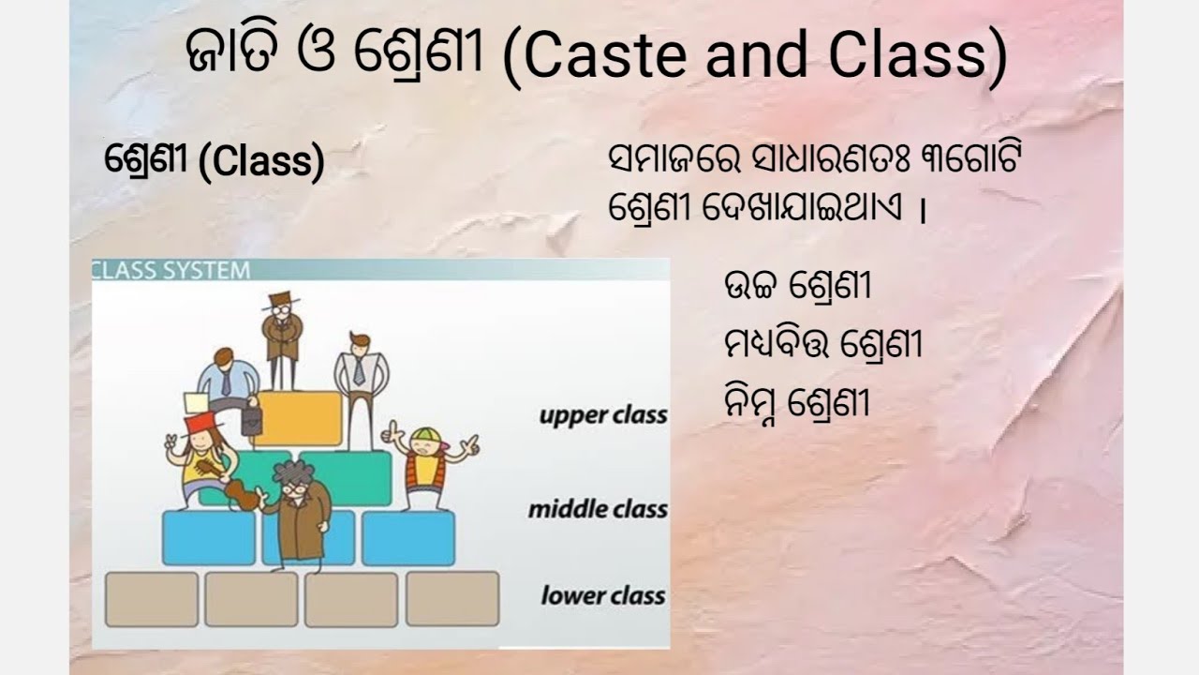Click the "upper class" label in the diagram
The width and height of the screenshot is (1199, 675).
602,415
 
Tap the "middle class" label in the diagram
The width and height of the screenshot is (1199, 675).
597,510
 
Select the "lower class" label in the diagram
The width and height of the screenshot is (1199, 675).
602,595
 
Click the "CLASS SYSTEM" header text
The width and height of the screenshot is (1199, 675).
171,271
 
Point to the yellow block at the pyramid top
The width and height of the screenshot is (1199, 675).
298,418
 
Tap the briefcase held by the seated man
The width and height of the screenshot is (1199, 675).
250,419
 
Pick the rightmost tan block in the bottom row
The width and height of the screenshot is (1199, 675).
451,599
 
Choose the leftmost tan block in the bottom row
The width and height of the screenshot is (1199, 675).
152,599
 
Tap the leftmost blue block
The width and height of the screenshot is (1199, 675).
208,537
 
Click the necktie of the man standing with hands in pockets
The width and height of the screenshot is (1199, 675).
359,370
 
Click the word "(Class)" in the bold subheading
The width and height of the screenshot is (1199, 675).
261,163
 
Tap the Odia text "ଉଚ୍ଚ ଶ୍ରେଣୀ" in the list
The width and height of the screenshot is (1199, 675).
797,286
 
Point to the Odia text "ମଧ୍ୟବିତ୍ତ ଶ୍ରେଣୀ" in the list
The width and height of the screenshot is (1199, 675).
822,345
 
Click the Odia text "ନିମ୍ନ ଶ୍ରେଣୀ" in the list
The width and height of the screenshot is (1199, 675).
797,404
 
